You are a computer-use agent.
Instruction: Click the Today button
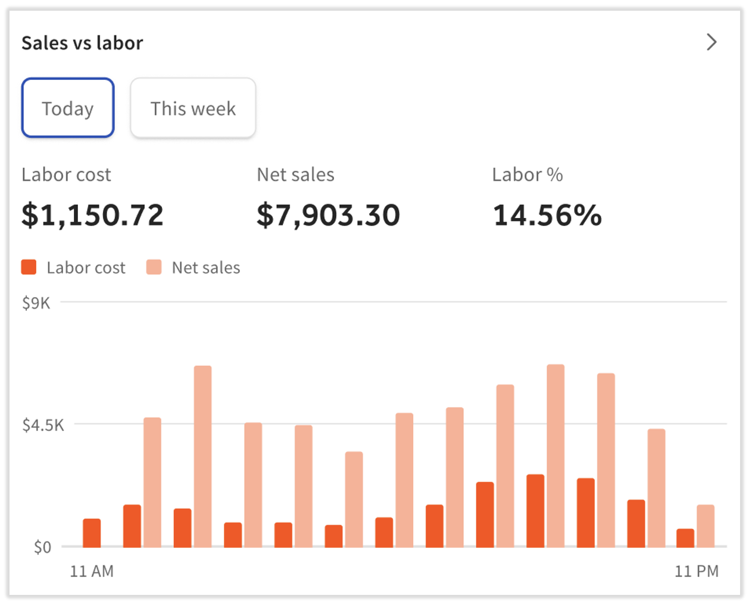68,108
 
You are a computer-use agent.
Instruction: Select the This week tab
193,108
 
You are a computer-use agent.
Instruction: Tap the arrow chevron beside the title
711,42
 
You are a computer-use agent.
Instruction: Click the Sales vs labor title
82,43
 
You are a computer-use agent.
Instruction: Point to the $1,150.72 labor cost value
92,215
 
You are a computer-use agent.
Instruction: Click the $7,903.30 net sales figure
328,215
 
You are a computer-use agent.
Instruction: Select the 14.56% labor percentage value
547,215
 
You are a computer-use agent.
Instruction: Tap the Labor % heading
527,174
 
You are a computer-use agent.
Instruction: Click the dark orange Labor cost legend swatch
29,267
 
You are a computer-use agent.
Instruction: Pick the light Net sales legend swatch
154,267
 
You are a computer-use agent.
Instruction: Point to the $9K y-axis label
36,303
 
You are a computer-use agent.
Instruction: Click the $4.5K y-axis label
43,425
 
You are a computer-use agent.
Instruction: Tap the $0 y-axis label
42,547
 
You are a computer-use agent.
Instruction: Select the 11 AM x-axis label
92,571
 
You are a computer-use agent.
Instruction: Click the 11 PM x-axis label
696,571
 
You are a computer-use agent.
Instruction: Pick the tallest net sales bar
555,456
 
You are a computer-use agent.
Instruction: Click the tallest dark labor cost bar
535,510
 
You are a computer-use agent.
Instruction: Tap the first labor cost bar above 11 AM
92,532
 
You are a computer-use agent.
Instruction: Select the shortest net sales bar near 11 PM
706,526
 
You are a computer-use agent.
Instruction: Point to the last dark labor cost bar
685,538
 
